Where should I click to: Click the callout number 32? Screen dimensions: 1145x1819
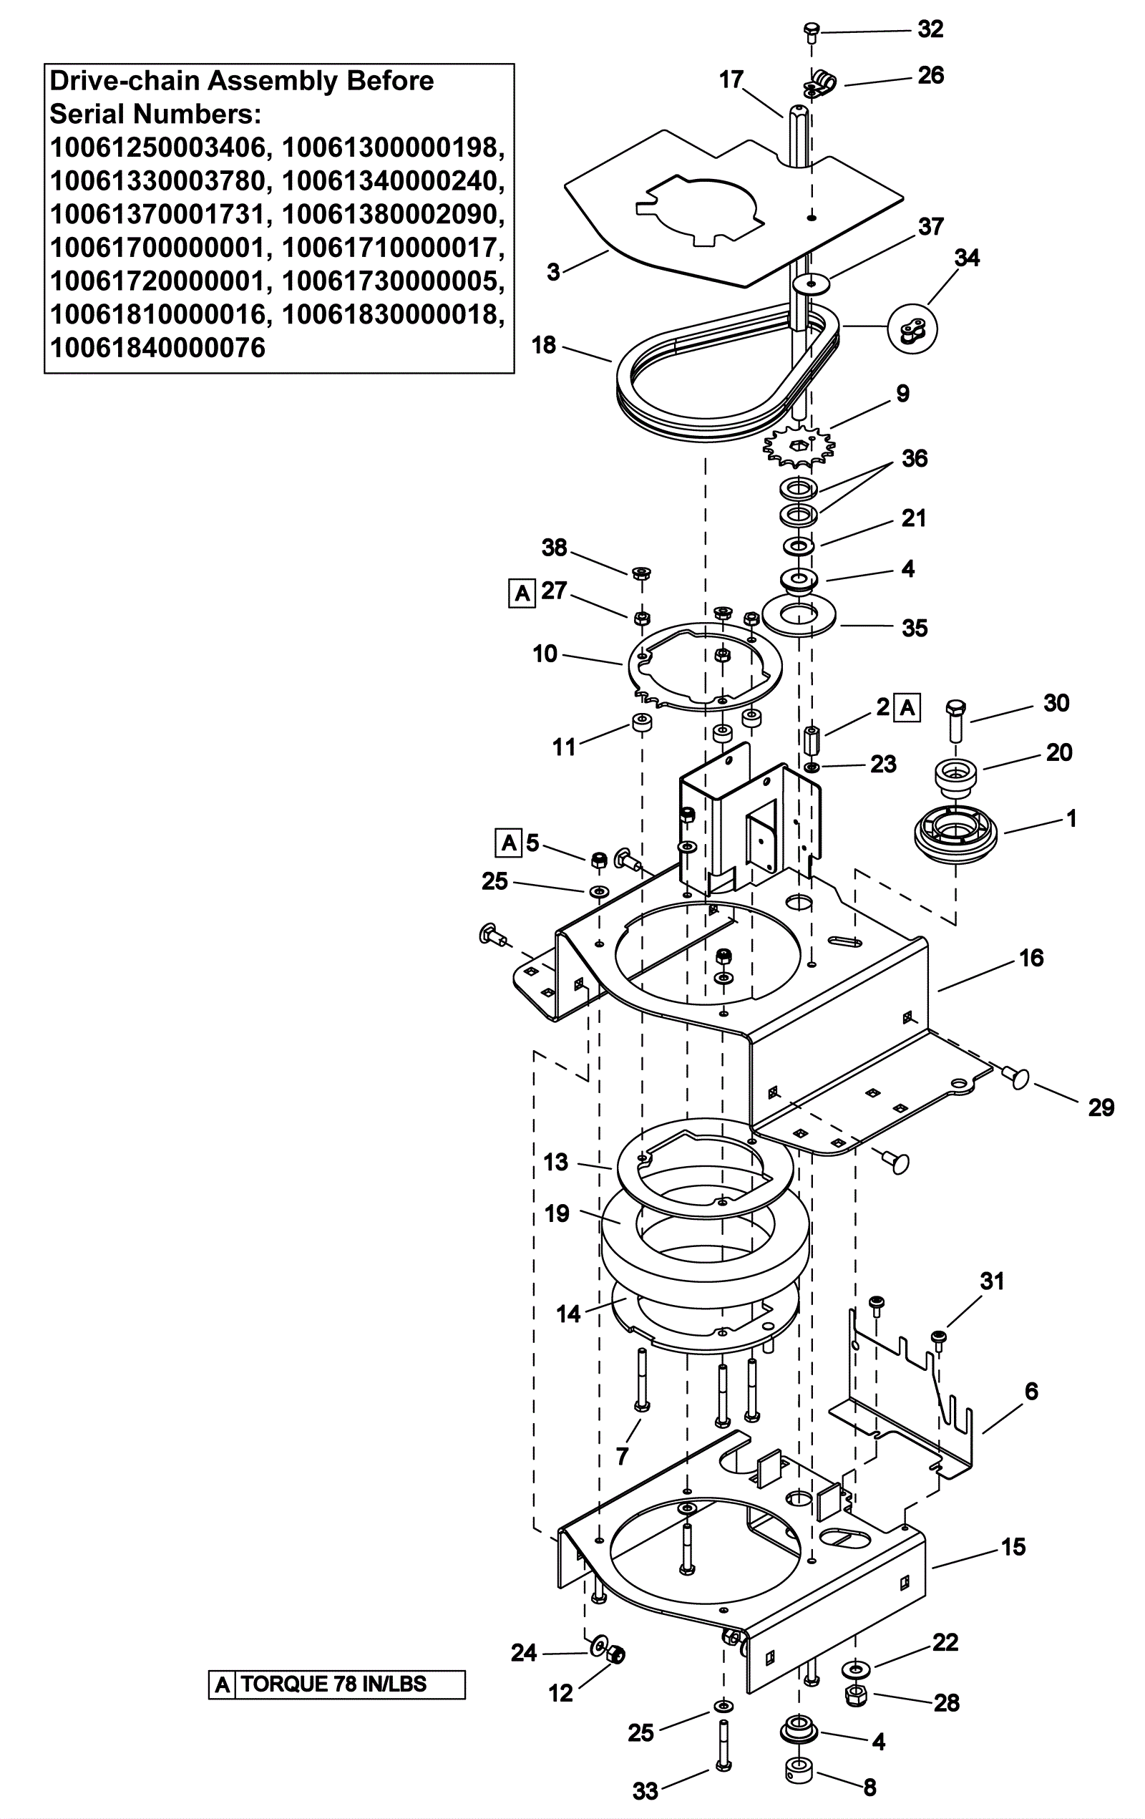[x=930, y=29]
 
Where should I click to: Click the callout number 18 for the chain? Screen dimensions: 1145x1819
[x=544, y=345]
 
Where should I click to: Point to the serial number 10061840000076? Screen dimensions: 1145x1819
[x=158, y=348]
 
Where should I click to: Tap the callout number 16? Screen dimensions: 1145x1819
[x=1031, y=958]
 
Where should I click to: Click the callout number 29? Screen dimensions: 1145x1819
[x=1101, y=1107]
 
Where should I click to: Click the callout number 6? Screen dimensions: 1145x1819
[x=1032, y=1391]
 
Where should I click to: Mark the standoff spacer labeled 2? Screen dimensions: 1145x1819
[x=812, y=741]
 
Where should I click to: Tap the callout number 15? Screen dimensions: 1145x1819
[x=1013, y=1546]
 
